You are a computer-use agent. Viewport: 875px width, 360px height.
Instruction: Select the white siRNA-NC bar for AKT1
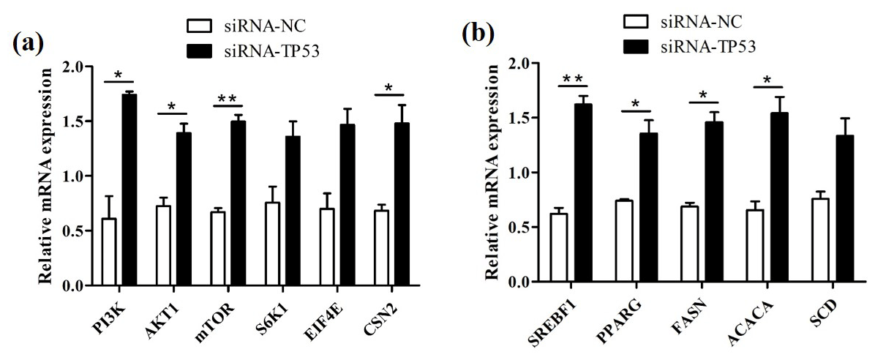point(163,246)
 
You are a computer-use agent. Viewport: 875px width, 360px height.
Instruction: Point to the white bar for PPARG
point(624,241)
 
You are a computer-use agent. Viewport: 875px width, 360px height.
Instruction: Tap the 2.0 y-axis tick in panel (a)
point(79,67)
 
